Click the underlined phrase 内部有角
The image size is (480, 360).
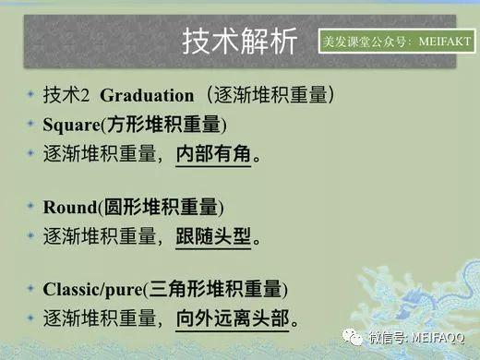[212, 152]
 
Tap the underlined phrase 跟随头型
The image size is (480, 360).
[212, 234]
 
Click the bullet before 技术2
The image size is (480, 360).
[31, 96]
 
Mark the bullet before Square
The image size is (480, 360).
[31, 124]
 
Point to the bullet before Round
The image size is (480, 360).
[31, 206]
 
